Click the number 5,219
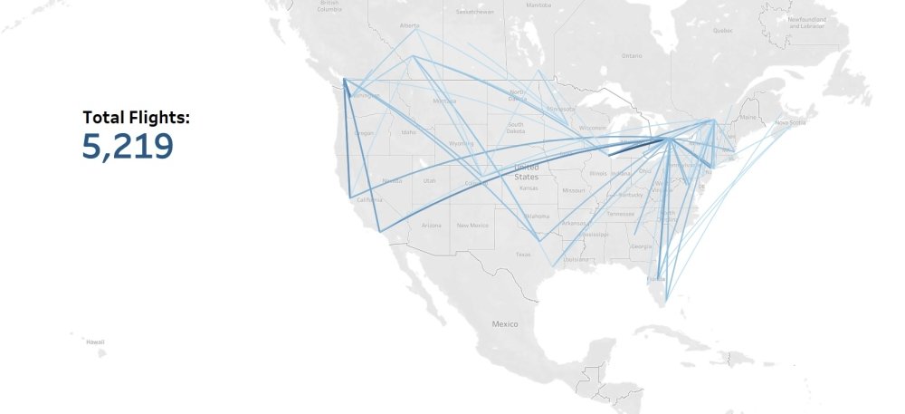[x=128, y=147]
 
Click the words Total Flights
[x=137, y=117]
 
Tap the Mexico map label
[x=504, y=323]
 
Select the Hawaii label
[x=95, y=342]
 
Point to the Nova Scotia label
[x=789, y=122]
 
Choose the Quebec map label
[x=722, y=30]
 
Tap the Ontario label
[x=631, y=56]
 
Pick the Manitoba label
[x=538, y=5]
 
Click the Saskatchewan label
[x=475, y=12]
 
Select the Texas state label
[x=523, y=255]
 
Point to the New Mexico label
[x=472, y=225]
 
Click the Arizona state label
[x=431, y=225]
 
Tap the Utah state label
[x=429, y=180]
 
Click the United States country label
[x=526, y=172]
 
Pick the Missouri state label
[x=573, y=191]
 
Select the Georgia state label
[x=641, y=246]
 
